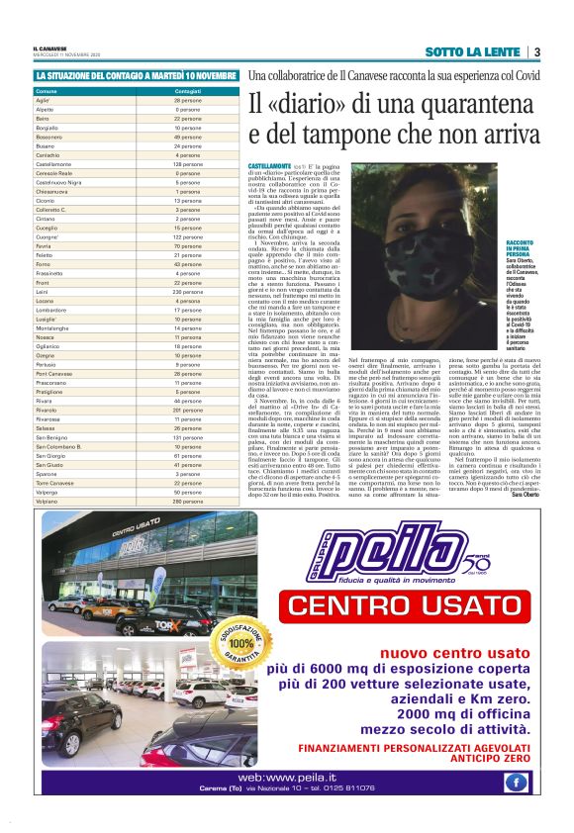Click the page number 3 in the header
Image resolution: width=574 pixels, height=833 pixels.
pyautogui.click(x=536, y=51)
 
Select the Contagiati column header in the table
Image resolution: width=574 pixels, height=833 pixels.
pyautogui.click(x=188, y=91)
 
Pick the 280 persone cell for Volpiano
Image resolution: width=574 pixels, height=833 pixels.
pyautogui.click(x=188, y=502)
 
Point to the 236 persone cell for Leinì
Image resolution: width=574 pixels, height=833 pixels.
pyautogui.click(x=188, y=292)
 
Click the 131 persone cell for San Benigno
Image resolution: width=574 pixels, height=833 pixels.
pyautogui.click(x=188, y=436)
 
